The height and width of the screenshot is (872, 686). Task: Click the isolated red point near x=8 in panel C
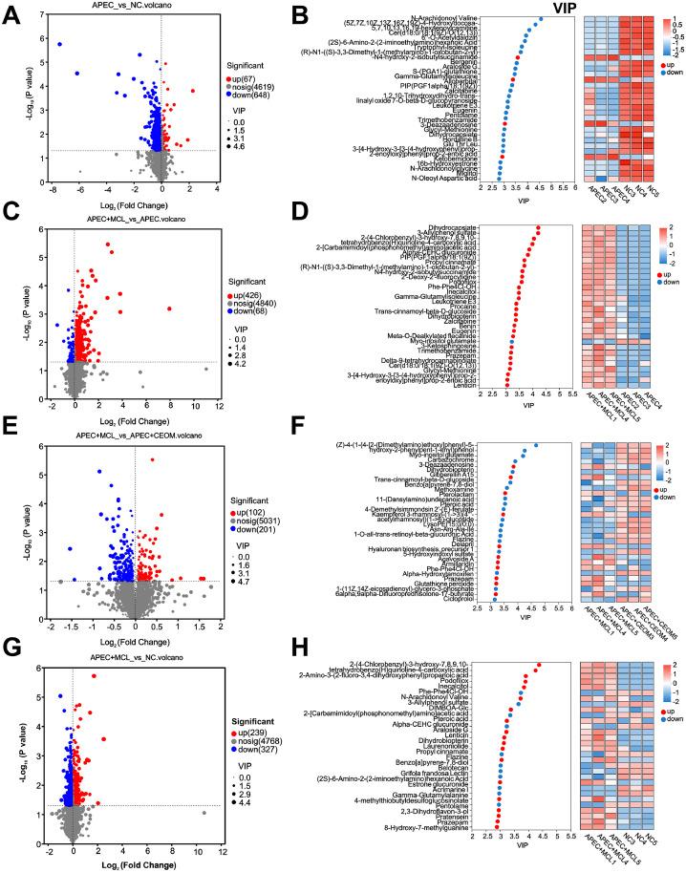pyautogui.click(x=170, y=308)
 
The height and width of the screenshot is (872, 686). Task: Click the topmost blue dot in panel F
pyautogui.click(x=536, y=445)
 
